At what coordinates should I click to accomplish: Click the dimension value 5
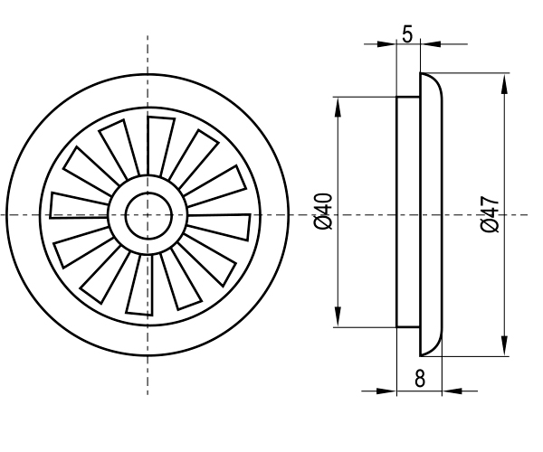click(408, 34)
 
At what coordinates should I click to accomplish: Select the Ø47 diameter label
click(490, 214)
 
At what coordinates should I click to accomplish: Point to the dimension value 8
click(420, 378)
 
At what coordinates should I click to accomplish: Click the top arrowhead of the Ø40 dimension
click(338, 103)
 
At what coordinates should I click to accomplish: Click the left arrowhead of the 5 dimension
click(391, 42)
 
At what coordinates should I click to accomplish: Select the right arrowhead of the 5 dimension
click(428, 42)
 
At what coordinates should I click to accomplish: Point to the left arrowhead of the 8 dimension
click(391, 391)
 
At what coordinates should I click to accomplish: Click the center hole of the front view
click(148, 215)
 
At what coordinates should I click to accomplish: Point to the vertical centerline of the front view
click(148, 54)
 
